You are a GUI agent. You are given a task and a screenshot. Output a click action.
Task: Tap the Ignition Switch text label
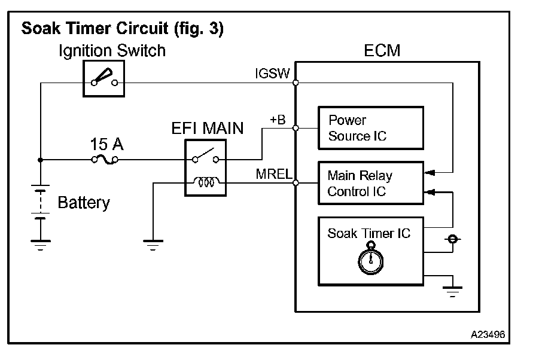(x=112, y=51)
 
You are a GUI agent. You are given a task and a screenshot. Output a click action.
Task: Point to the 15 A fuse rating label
(x=107, y=144)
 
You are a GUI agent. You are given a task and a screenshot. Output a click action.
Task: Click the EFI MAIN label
(x=206, y=128)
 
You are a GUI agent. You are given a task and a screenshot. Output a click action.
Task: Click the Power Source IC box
(x=370, y=128)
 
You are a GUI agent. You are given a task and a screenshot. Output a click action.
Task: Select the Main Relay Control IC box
(x=370, y=184)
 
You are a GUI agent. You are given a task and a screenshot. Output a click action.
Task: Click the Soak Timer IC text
(x=369, y=233)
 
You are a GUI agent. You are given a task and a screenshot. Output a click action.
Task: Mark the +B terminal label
(x=278, y=120)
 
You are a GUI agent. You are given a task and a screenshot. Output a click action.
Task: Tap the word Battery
(x=84, y=203)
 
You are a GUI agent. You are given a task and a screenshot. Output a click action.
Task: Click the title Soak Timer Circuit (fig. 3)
(x=122, y=29)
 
